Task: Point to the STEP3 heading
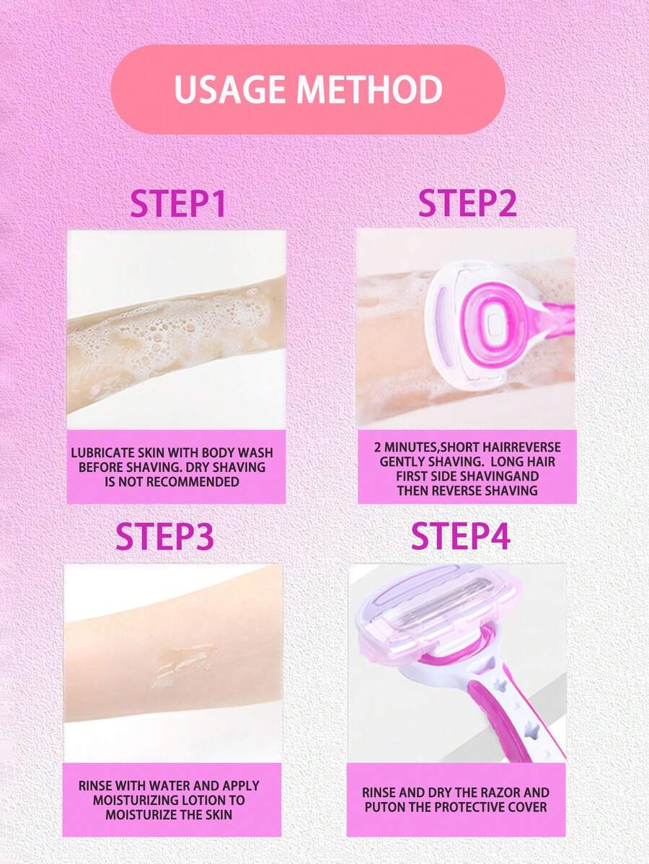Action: pyautogui.click(x=164, y=536)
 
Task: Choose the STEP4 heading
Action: pyautogui.click(x=460, y=536)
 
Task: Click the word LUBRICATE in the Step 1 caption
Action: pyautogui.click(x=102, y=453)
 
